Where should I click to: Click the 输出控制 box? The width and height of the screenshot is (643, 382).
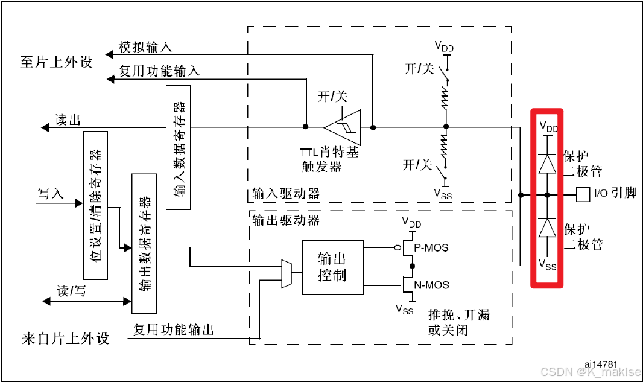(332, 267)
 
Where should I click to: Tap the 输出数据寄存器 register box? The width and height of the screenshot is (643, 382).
(144, 243)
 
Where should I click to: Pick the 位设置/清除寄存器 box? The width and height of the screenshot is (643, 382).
(95, 205)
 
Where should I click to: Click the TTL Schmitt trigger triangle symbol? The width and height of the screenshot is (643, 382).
(343, 127)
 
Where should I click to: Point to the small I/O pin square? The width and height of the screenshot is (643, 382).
(583, 194)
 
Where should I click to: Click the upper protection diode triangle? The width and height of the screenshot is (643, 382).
(547, 164)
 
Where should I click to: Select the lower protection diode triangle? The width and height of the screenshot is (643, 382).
(547, 228)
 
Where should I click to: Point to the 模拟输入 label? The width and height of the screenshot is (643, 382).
(145, 47)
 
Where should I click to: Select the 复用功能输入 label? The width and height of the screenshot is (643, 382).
(159, 71)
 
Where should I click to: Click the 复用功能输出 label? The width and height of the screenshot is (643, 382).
(173, 329)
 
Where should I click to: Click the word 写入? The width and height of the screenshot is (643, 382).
(51, 194)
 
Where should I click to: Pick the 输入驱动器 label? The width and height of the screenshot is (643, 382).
(285, 194)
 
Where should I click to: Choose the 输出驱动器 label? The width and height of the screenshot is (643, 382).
(285, 220)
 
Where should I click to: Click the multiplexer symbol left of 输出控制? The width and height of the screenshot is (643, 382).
(287, 273)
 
